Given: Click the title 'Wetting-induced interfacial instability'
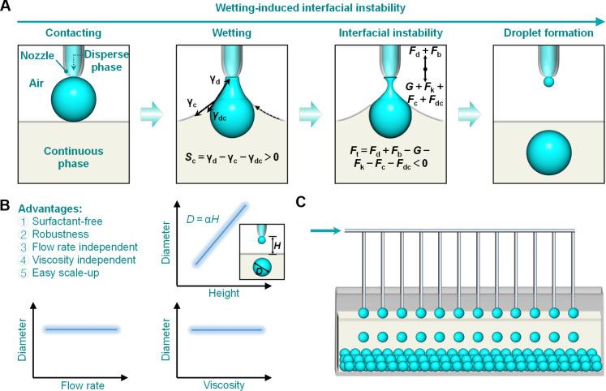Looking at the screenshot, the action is pos(311,8).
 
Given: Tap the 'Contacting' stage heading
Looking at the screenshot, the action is pos(74,32).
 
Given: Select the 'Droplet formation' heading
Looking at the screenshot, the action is pos(548,32).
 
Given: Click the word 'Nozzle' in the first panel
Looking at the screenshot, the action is pos(37,56).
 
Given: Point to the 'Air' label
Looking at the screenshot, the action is pos(37,83).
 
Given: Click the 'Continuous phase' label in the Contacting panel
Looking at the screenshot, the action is pos(74,157).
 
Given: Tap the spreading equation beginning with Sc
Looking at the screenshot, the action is pos(231,157).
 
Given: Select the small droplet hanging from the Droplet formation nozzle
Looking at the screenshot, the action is pos(548,82).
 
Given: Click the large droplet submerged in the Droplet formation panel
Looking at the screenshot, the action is pos(548,153).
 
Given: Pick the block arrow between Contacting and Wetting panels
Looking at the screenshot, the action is pos(153,114).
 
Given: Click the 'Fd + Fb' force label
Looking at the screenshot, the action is pos(425,52).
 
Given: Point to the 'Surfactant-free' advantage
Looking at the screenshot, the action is pos(67,221).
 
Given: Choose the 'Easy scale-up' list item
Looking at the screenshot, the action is pos(66,273).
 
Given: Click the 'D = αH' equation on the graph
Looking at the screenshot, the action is pos(203,220).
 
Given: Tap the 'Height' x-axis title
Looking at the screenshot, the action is pos(224,294).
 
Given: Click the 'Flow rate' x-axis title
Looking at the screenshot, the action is pos(82,385).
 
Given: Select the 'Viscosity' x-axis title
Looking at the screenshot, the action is pos(224,385).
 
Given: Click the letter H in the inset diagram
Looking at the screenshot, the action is pos(277,246).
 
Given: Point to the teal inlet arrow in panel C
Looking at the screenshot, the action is pos(325,231).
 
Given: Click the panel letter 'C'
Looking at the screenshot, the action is pos(301,202).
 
